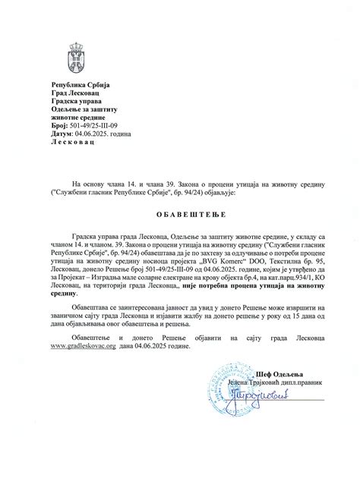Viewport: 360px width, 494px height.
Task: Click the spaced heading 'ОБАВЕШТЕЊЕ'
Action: click(180, 213)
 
